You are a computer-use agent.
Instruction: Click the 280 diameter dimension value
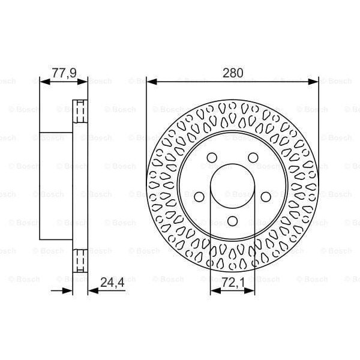pyautogui.click(x=233, y=73)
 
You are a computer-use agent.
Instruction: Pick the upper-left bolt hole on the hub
pyautogui.click(x=211, y=157)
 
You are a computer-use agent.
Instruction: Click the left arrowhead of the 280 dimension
pyautogui.click(x=150, y=80)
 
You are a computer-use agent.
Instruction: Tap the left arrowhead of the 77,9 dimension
pyautogui.click(x=43, y=80)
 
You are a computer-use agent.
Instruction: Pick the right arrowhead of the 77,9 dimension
pyautogui.click(x=84, y=80)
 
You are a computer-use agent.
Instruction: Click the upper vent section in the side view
pyautogui.click(x=80, y=110)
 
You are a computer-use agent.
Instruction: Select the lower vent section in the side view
pyautogui.click(x=80, y=259)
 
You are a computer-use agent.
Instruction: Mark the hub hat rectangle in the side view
pyautogui.click(x=56, y=184)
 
